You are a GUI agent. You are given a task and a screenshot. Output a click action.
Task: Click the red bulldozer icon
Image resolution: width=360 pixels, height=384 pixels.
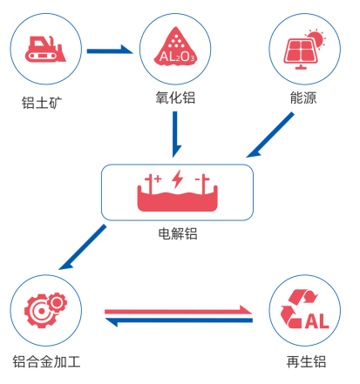pyautogui.click(x=45, y=50)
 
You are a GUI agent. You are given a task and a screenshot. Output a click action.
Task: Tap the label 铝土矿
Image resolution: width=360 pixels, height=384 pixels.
pyautogui.click(x=43, y=102)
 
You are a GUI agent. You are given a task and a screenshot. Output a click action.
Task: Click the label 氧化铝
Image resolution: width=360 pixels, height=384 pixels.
pyautogui.click(x=177, y=98)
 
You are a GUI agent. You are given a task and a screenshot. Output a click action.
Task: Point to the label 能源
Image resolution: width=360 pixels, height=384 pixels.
pyautogui.click(x=305, y=98)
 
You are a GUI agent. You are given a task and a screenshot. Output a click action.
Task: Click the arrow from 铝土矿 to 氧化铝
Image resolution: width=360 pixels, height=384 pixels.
pyautogui.click(x=109, y=49)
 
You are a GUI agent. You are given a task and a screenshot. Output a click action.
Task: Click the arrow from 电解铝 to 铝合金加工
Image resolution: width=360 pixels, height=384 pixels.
pyautogui.click(x=83, y=246)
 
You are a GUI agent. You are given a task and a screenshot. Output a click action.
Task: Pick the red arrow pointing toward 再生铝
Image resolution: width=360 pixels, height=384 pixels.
pyautogui.click(x=180, y=308)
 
